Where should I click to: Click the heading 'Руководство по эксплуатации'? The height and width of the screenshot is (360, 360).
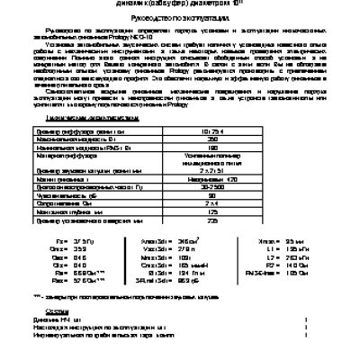pyautogui.click(x=179, y=17)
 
